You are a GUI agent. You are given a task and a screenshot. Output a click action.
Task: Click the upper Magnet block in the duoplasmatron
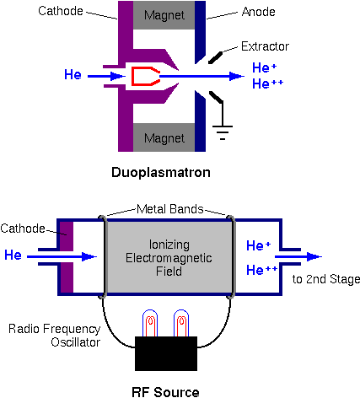click(x=164, y=15)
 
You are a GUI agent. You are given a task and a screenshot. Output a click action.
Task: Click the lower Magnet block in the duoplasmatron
click(x=164, y=137)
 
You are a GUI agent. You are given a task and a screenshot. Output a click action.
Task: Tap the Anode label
click(x=258, y=12)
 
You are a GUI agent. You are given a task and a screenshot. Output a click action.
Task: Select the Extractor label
click(x=265, y=46)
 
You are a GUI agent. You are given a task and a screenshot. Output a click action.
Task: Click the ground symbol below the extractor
click(x=223, y=132)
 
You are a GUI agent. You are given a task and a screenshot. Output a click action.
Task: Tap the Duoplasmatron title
click(x=161, y=172)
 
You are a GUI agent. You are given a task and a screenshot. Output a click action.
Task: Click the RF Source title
click(x=165, y=392)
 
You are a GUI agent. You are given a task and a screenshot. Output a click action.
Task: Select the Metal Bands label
click(x=169, y=209)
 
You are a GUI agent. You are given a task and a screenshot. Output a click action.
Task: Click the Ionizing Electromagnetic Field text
click(x=169, y=258)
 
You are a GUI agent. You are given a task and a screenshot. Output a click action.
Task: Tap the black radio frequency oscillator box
click(x=166, y=353)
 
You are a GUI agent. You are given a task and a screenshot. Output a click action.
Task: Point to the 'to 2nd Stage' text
click(x=326, y=279)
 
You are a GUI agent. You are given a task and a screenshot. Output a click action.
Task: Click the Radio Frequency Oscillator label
click(x=55, y=336)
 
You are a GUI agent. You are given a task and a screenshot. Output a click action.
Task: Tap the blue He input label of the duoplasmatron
click(x=73, y=74)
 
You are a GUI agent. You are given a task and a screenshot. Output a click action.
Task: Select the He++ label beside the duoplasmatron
click(x=267, y=83)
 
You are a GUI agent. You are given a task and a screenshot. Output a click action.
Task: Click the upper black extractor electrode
click(x=215, y=57)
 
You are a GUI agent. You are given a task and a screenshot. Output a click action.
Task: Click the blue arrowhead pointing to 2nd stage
click(x=314, y=256)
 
